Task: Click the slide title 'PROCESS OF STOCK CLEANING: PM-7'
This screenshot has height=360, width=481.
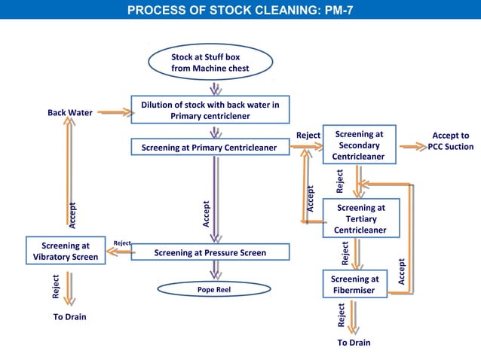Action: pos(240,11)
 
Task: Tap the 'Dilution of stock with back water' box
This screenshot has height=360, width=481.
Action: pos(210,110)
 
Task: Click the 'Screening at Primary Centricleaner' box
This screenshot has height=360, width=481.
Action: pos(210,148)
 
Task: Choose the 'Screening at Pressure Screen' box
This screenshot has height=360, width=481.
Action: pos(210,253)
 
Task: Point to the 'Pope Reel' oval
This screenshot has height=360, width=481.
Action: pos(213,289)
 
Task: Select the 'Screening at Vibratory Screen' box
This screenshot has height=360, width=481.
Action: pos(65,251)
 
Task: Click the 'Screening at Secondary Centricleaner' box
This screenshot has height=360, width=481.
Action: pos(359,145)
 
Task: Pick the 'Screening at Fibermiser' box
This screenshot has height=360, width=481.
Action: pos(354,284)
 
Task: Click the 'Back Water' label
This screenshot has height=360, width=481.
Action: pos(70,113)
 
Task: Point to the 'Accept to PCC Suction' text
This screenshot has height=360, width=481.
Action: pos(450,141)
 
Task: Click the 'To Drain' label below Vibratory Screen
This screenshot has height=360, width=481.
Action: pos(69,317)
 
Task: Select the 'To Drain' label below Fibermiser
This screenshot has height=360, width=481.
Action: pos(354,343)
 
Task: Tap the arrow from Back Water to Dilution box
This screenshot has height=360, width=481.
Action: pos(114,113)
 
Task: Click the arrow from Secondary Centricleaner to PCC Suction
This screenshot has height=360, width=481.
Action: pos(412,147)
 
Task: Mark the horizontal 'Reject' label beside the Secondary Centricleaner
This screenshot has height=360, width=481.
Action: pos(308,136)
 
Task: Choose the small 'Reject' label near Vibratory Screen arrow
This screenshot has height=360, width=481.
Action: pos(121,243)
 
